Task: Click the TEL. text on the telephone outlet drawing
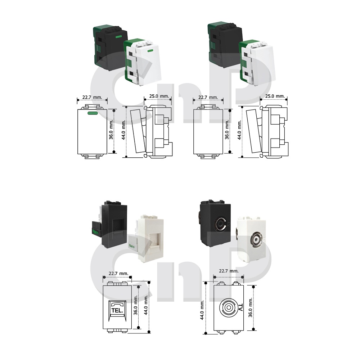pyautogui.click(x=117, y=311)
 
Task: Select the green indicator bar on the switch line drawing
pyautogui.click(x=93, y=113)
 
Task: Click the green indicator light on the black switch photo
pyautogui.click(x=118, y=36)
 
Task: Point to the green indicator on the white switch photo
pyautogui.click(x=150, y=51)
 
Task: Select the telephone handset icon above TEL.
pyautogui.click(x=117, y=305)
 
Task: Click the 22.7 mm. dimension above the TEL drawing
pyautogui.click(x=118, y=274)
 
